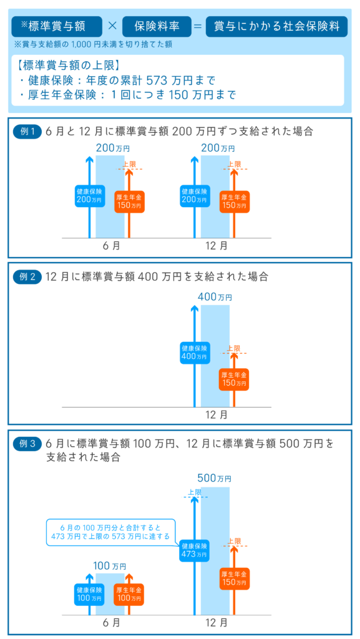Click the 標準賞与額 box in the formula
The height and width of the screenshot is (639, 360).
pos(57,26)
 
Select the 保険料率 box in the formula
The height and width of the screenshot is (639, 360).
pos(157,26)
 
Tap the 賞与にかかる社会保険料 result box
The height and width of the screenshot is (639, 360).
pos(276,26)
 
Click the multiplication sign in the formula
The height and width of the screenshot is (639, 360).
pos(112,26)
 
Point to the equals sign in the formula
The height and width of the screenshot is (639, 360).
pos(198,26)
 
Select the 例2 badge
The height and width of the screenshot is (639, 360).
pos(27,277)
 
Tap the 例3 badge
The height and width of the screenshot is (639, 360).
pos(27,444)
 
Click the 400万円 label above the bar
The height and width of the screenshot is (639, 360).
pos(215,298)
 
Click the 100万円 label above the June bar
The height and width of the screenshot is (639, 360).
pos(110,566)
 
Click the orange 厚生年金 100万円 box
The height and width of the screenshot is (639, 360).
pos(129,595)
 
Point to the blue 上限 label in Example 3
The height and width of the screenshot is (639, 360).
pos(195,493)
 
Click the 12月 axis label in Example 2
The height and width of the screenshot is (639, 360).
pos(216,415)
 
